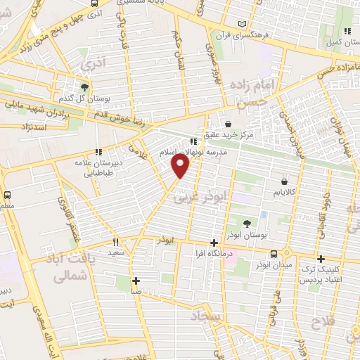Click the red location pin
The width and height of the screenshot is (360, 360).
[181, 166]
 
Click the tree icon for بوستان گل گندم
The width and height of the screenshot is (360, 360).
[85, 88]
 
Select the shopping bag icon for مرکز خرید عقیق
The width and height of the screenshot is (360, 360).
[226, 123]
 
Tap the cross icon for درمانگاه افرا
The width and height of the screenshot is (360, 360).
[214, 243]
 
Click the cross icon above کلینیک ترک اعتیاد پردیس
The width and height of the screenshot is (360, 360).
[321, 258]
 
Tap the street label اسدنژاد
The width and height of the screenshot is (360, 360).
[34, 127]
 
